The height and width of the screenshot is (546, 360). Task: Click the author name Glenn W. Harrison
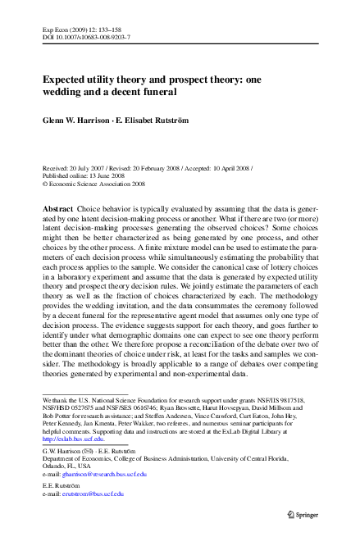80,119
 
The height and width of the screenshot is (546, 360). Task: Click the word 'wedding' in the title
66,93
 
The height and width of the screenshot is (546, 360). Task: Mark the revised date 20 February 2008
155,167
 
